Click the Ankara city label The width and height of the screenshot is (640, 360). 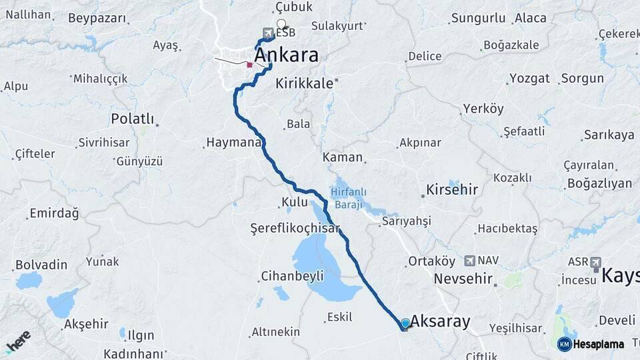tap(287, 55)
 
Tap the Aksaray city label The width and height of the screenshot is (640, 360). tap(440, 321)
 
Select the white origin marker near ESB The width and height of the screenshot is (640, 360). tap(281, 24)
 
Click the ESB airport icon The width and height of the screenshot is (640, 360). tap(268, 33)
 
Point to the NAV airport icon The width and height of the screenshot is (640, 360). tap(469, 261)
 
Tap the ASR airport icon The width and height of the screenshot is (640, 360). tap(595, 262)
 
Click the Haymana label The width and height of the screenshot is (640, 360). tap(233, 143)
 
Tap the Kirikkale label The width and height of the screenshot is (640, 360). tap(305, 84)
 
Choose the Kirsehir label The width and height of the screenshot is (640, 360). tap(452, 190)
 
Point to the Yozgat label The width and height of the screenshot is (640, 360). tap(529, 79)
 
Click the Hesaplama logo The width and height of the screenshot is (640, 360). tap(591, 344)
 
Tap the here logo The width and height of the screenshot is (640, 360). tap(19, 341)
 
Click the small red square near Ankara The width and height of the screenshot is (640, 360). tap(249, 65)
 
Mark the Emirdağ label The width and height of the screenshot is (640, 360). tap(53, 214)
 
